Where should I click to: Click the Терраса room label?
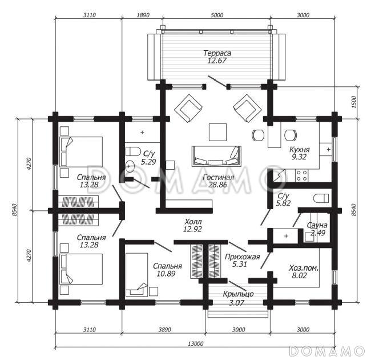pos(217,53)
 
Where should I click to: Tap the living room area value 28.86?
pos(217,185)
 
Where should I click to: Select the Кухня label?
pos(300,150)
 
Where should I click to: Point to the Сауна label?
pos(317,225)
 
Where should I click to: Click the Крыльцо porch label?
pos(238,294)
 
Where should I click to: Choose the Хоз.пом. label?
pos(304,268)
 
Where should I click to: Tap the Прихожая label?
pos(242,257)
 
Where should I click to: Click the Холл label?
pos(193,221)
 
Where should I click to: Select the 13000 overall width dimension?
pos(195,344)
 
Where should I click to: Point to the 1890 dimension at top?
pos(143,15)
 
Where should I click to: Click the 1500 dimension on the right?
pos(354,102)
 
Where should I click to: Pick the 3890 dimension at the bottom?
pos(165,330)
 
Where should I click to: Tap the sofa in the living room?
pos(216,156)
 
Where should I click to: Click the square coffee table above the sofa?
pos(217,132)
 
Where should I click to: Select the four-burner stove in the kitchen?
pos(301,175)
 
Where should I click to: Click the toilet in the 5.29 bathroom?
pos(133,151)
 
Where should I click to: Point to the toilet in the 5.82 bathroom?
pos(321,198)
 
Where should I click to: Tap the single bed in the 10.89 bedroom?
pos(136,274)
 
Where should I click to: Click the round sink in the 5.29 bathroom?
pos(130,166)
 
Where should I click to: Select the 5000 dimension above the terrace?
pos(217,15)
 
